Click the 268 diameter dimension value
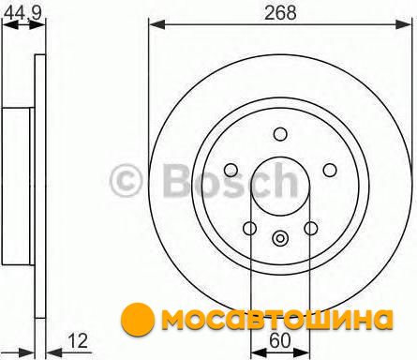tap(280, 13)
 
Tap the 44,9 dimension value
tap(23, 13)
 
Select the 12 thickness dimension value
tap(78, 341)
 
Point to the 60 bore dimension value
tap(279, 340)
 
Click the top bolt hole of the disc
tap(280, 134)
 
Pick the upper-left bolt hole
tap(231, 170)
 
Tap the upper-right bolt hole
tap(330, 170)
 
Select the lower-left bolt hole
tap(250, 228)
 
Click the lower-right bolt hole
tap(311, 228)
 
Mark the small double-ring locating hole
tap(280, 238)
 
